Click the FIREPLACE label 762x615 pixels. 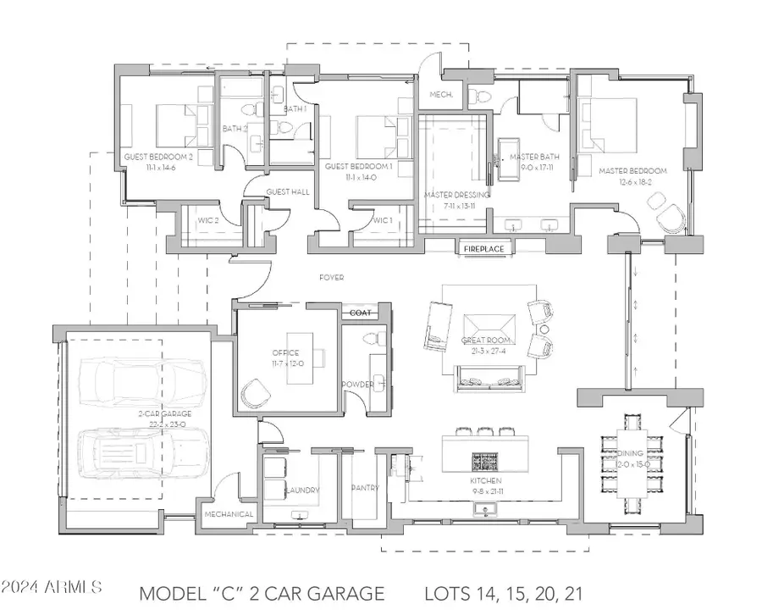coord(483,249)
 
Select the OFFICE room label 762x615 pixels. coord(281,352)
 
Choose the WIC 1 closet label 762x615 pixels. coord(384,220)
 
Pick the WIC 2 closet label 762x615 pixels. coord(208,220)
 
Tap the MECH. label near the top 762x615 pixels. coord(439,95)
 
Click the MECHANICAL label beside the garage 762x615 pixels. coord(229,514)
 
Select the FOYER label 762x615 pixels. coord(331,278)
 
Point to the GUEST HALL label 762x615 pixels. coord(288,192)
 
